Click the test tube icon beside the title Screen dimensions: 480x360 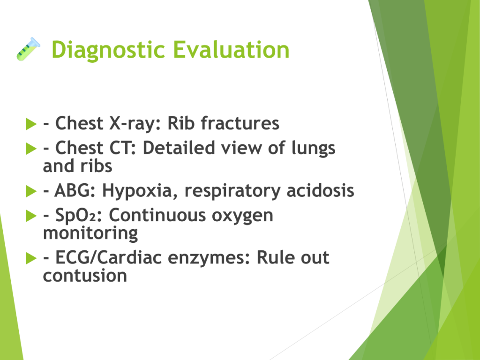coord(28,49)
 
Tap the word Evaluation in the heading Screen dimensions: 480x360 coord(232,49)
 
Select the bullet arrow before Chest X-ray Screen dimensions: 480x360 coord(31,124)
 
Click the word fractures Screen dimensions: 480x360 coord(240,123)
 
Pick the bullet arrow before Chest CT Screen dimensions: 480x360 coord(31,149)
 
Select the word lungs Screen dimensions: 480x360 coord(313,149)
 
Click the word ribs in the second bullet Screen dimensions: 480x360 coord(96,166)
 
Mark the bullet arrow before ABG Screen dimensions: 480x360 coord(31,191)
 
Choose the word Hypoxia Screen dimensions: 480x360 coord(140,191)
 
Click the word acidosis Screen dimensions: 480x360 coord(320,190)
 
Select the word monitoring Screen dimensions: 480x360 coord(90,234)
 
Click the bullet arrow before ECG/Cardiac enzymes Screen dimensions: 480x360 coord(31,258)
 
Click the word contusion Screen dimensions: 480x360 coord(85,276)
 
